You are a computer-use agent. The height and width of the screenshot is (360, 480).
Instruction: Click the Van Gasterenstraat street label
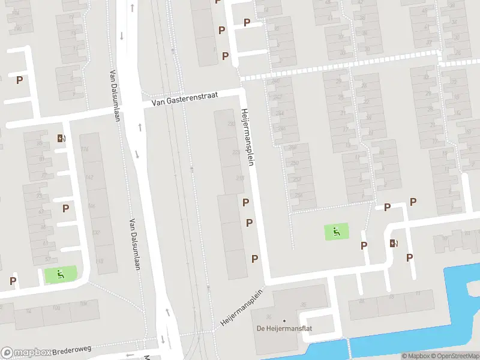[186, 99]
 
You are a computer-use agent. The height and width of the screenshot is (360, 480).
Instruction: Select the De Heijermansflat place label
[284, 328]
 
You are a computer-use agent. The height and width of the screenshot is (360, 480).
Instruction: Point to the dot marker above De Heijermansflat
[284, 320]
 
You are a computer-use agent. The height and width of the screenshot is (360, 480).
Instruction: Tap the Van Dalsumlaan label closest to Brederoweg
[133, 243]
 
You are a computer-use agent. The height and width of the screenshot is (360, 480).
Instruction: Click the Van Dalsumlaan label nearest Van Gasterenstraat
[115, 96]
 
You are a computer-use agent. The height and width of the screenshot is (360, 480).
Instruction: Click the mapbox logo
[26, 353]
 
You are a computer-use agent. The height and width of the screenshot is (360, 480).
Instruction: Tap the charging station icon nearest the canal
[394, 243]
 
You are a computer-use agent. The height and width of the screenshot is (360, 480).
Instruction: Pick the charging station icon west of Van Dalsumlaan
[61, 138]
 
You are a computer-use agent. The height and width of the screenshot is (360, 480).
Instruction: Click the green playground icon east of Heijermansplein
[337, 231]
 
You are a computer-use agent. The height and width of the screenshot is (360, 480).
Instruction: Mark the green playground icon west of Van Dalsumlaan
[60, 275]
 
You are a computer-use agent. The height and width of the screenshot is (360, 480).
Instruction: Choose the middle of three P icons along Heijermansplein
[249, 223]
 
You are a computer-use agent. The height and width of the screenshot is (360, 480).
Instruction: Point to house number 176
[85, 149]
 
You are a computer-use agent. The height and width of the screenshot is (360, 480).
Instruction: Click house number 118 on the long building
[99, 261]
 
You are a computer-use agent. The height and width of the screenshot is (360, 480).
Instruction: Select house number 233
[232, 124]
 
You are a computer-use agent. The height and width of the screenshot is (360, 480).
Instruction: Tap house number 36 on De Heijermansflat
[268, 317]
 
